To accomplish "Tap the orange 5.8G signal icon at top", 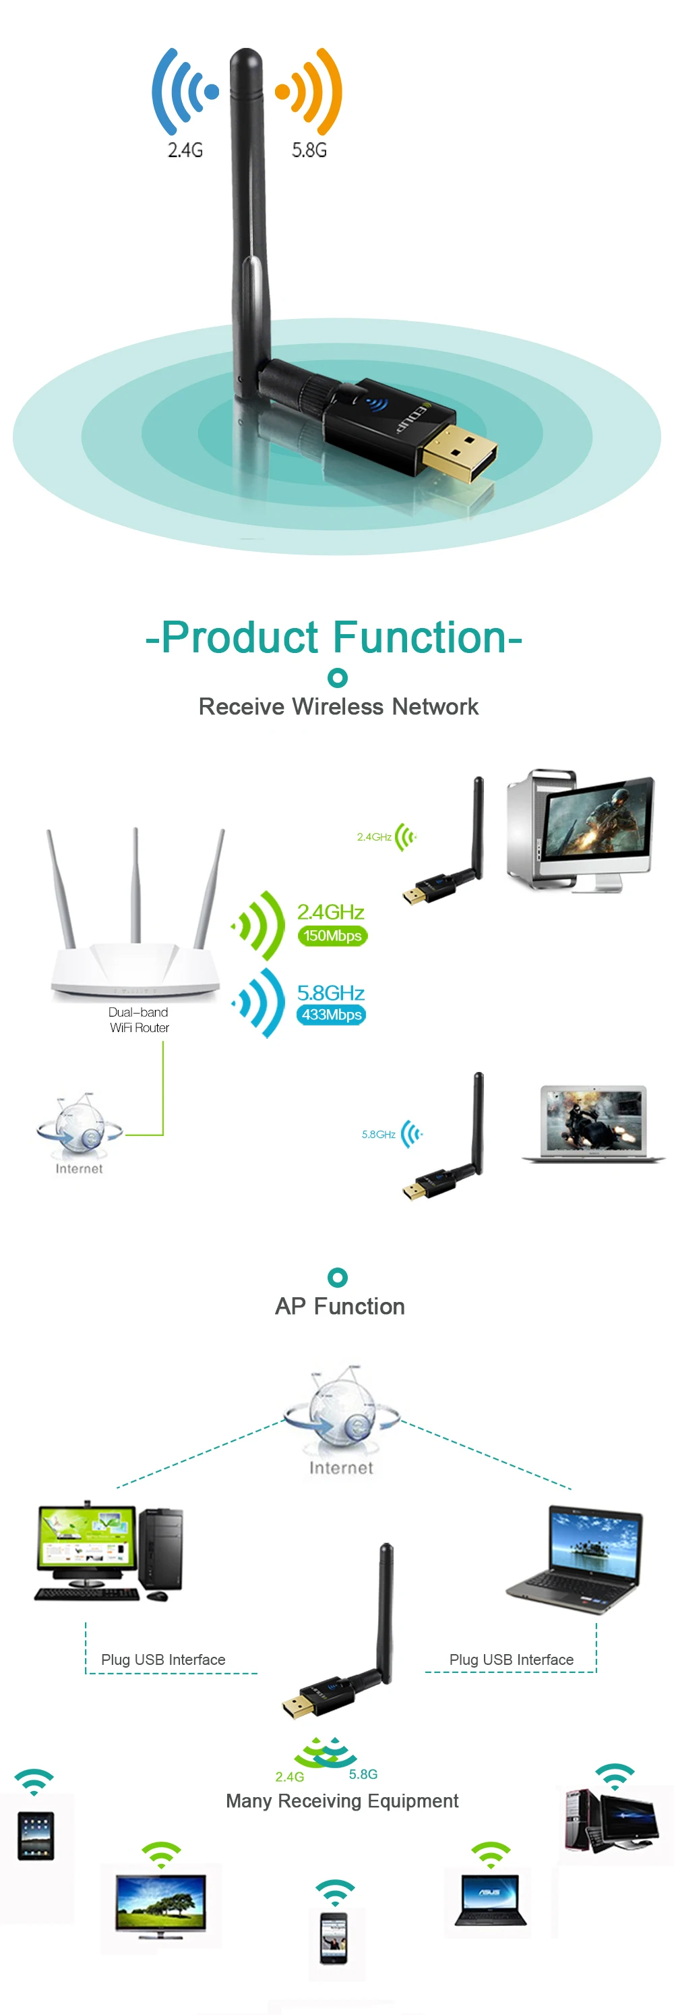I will pyautogui.click(x=309, y=92).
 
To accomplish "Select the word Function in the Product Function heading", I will pyautogui.click(x=420, y=637).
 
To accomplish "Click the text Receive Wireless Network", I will pyautogui.click(x=338, y=706).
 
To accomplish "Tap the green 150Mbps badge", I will pyautogui.click(x=332, y=936).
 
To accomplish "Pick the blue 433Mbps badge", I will pyautogui.click(x=332, y=1015).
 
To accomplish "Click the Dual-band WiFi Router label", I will pyautogui.click(x=139, y=1019).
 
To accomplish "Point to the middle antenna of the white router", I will pyautogui.click(x=136, y=884).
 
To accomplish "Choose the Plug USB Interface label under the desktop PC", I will pyautogui.click(x=162, y=1659).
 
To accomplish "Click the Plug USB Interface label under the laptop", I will pyautogui.click(x=512, y=1659).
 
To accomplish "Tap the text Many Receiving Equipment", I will pyautogui.click(x=342, y=1800).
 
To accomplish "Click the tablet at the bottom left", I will pyautogui.click(x=36, y=1835).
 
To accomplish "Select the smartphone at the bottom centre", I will pyautogui.click(x=334, y=1937).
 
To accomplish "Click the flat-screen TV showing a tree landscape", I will pyautogui.click(x=161, y=1905).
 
